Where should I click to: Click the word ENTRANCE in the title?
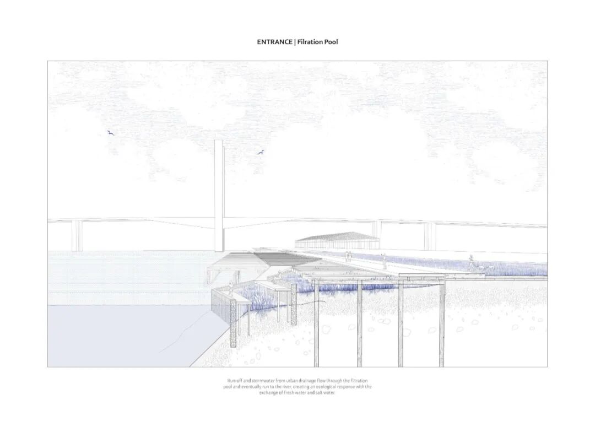click(274, 41)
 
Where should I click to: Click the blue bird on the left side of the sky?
click(110, 132)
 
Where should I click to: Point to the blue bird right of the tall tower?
click(261, 152)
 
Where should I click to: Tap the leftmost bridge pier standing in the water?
click(77, 236)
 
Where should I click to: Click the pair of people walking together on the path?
click(348, 256)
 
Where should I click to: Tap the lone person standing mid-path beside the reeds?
click(384, 259)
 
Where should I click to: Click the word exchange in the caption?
click(269, 393)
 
